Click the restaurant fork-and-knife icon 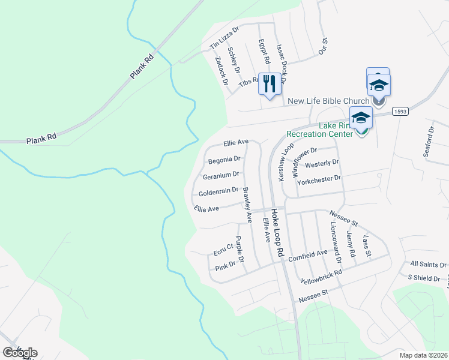pyautogui.click(x=270, y=83)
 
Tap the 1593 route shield pyautogui.click(x=400, y=112)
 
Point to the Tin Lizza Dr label pyautogui.click(x=224, y=38)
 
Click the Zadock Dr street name pyautogui.click(x=221, y=70)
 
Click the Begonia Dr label pyautogui.click(x=224, y=160)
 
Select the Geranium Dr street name pyautogui.click(x=221, y=175)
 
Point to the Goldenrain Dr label pyautogui.click(x=218, y=191)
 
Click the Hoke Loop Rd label pyautogui.click(x=276, y=233)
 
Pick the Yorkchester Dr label pyautogui.click(x=319, y=178)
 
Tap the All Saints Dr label pyautogui.click(x=429, y=264)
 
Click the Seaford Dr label pyautogui.click(x=429, y=141)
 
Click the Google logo pyautogui.click(x=20, y=352)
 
